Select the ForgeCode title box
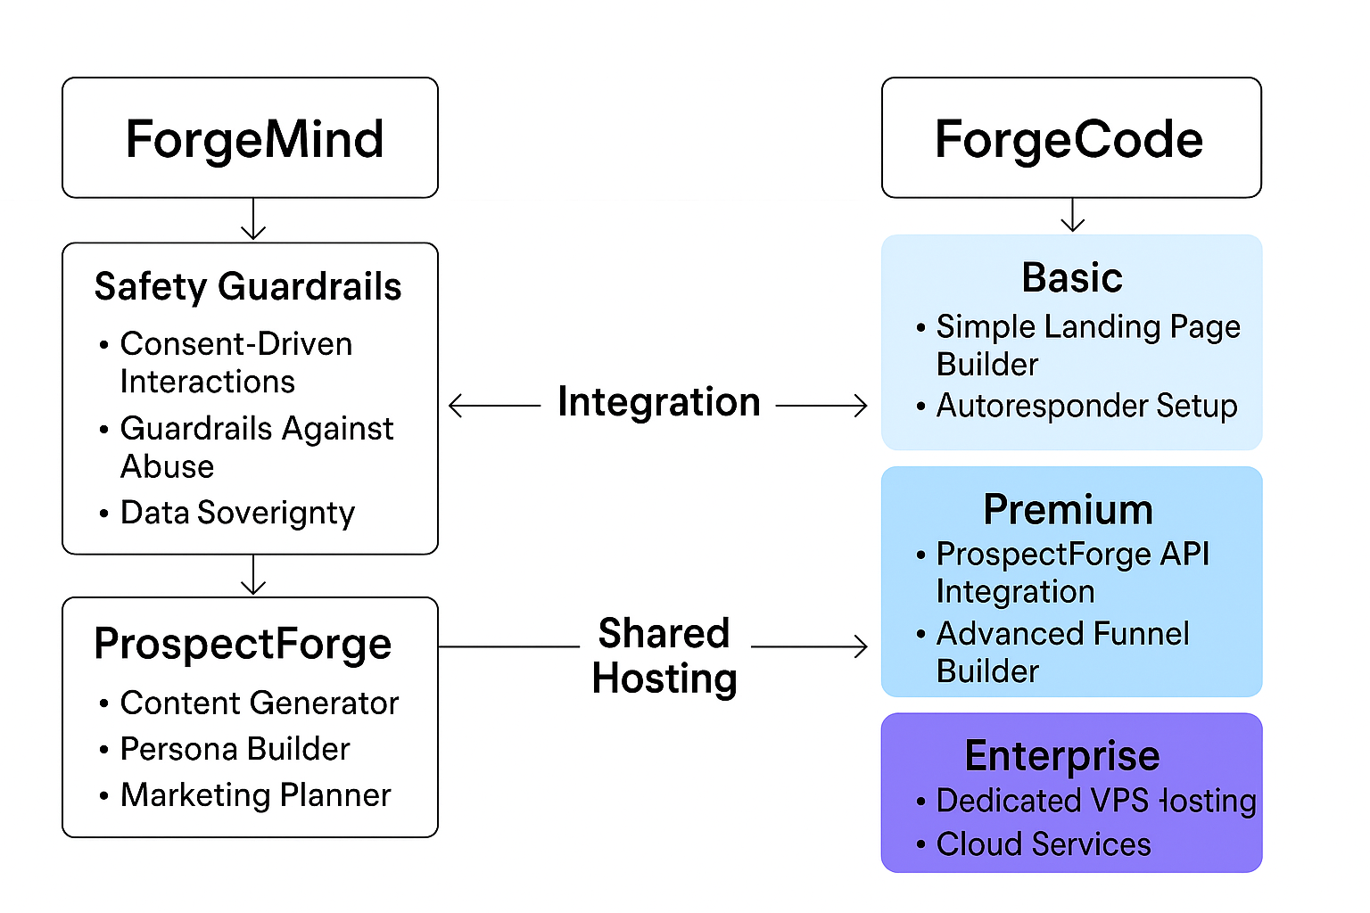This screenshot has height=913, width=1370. [x=1070, y=138]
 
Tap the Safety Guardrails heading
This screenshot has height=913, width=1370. [x=248, y=287]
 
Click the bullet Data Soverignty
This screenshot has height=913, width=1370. [x=237, y=513]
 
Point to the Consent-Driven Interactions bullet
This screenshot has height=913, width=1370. [x=235, y=362]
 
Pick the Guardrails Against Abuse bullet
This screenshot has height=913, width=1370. [x=256, y=447]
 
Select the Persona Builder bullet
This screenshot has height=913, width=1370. [x=235, y=749]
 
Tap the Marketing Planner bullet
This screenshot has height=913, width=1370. [x=255, y=795]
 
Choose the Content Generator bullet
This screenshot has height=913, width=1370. [x=259, y=703]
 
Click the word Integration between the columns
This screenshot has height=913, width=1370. [x=658, y=402]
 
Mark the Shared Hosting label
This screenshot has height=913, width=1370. [x=664, y=655]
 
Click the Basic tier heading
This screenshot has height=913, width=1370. [x=1071, y=277]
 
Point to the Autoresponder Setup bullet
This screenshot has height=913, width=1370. [x=1085, y=406]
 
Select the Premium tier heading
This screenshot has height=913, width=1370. [x=1068, y=510]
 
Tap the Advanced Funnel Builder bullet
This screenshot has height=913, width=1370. [x=1061, y=652]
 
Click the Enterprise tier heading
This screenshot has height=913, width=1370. [x=1061, y=756]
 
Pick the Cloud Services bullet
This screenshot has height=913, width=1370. [x=1043, y=844]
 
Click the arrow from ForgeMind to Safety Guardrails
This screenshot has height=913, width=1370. [x=254, y=219]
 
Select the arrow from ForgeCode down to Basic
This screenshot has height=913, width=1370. [x=1072, y=215]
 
